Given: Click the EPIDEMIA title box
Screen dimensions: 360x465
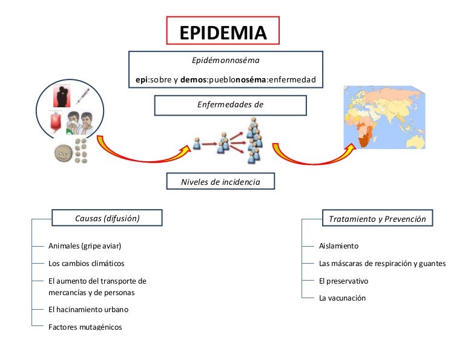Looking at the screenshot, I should click(223, 31).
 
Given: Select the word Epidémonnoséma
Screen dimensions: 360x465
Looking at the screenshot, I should click(225, 61).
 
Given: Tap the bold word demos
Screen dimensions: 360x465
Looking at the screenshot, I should click(193, 79).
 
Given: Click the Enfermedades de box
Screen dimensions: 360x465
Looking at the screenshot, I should click(230, 105).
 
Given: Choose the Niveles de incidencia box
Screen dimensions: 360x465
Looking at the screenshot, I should click(220, 182).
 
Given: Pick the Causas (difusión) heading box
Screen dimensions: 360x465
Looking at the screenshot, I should click(107, 218).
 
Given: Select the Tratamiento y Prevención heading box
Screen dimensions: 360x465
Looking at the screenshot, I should click(377, 218).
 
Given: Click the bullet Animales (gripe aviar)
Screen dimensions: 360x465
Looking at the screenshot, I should click(85, 246).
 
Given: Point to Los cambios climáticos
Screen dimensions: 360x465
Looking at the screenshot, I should click(86, 264).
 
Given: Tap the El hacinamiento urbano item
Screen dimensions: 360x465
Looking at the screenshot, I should click(88, 310).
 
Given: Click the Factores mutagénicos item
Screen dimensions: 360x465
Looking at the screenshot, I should click(85, 327).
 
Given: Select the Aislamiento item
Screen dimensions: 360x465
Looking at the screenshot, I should click(338, 246).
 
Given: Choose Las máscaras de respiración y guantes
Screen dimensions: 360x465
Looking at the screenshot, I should click(382, 264).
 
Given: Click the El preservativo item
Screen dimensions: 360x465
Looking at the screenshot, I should click(343, 281).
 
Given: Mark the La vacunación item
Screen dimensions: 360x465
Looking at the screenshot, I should click(342, 298).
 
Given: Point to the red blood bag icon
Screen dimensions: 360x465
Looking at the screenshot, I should click(55, 122).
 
